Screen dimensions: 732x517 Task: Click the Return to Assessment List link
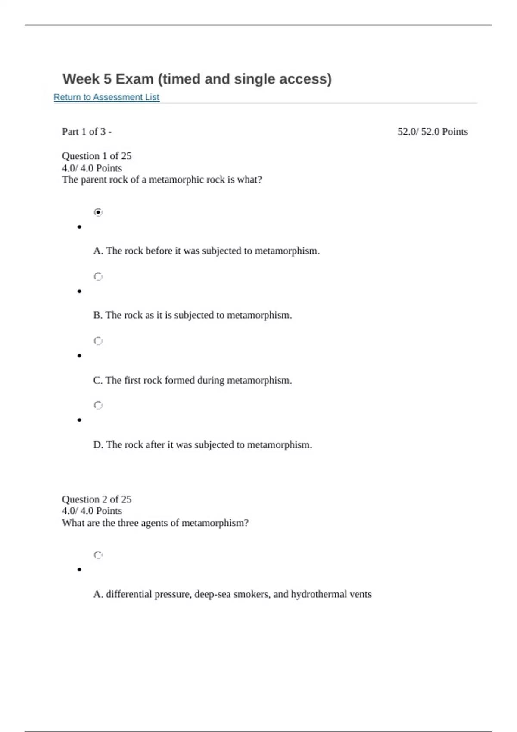[106, 97]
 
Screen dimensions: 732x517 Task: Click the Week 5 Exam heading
[197, 79]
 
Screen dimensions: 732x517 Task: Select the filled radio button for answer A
[98, 212]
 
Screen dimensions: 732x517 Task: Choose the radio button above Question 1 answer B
[98, 276]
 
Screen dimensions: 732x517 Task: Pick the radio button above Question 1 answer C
[98, 341]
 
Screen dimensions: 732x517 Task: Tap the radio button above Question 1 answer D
[98, 405]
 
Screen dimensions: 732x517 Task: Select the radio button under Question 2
[98, 555]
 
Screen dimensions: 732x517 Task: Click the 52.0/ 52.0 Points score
[432, 132]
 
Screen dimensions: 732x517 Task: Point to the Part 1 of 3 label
[87, 132]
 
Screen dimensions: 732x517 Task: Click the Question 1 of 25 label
[97, 156]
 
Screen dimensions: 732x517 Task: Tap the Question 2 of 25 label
[97, 499]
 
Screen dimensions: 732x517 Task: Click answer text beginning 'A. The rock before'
[206, 251]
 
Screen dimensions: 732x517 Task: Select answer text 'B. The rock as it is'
[192, 315]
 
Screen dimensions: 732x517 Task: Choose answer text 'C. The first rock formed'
[192, 380]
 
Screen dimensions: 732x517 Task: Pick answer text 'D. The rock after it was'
[202, 444]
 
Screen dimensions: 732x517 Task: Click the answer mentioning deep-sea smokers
[232, 594]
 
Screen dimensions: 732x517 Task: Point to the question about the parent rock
[162, 180]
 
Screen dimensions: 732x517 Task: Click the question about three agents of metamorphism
[155, 523]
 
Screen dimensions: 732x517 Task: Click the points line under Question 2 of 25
[92, 511]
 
